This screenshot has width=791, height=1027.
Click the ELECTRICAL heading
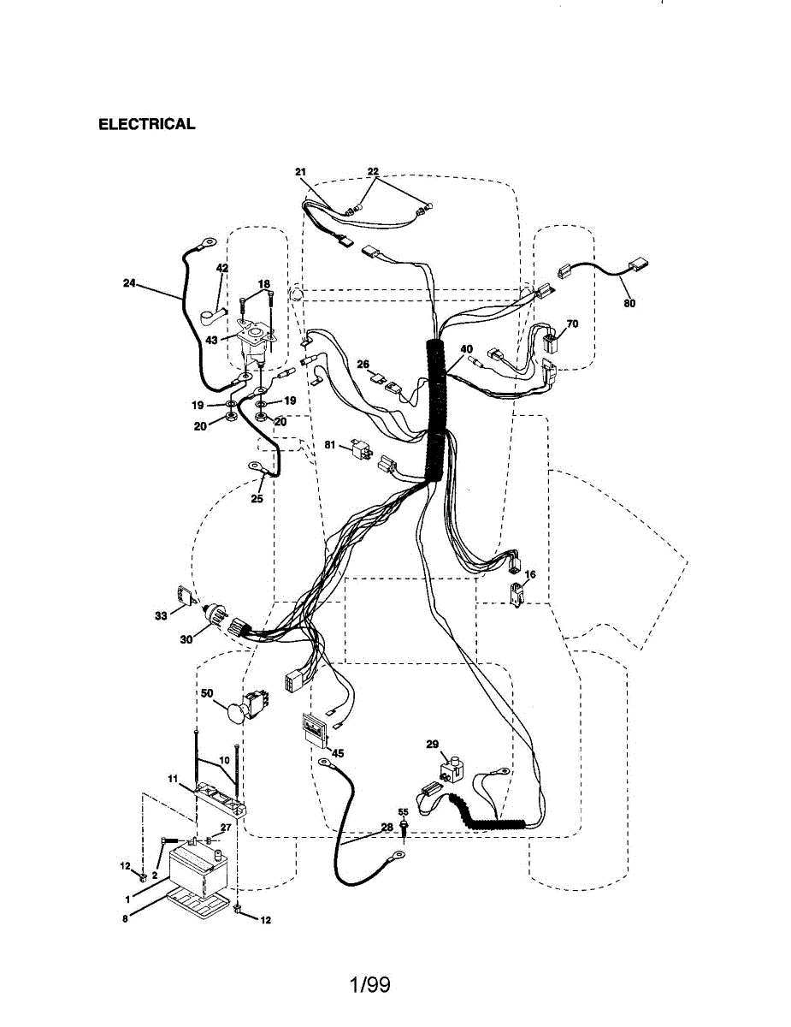(x=147, y=124)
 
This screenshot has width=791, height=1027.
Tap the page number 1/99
(x=369, y=985)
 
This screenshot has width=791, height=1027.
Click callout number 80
(x=629, y=302)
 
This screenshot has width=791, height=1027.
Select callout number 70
(x=572, y=324)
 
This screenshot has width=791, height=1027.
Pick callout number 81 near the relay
(x=330, y=444)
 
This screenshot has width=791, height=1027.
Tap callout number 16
(x=530, y=574)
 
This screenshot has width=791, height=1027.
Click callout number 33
(x=161, y=615)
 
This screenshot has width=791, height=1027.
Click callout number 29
(x=433, y=745)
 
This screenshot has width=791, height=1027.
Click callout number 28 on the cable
(x=387, y=828)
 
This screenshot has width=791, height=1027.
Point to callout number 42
(x=222, y=268)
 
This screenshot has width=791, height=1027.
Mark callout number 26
(x=363, y=364)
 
